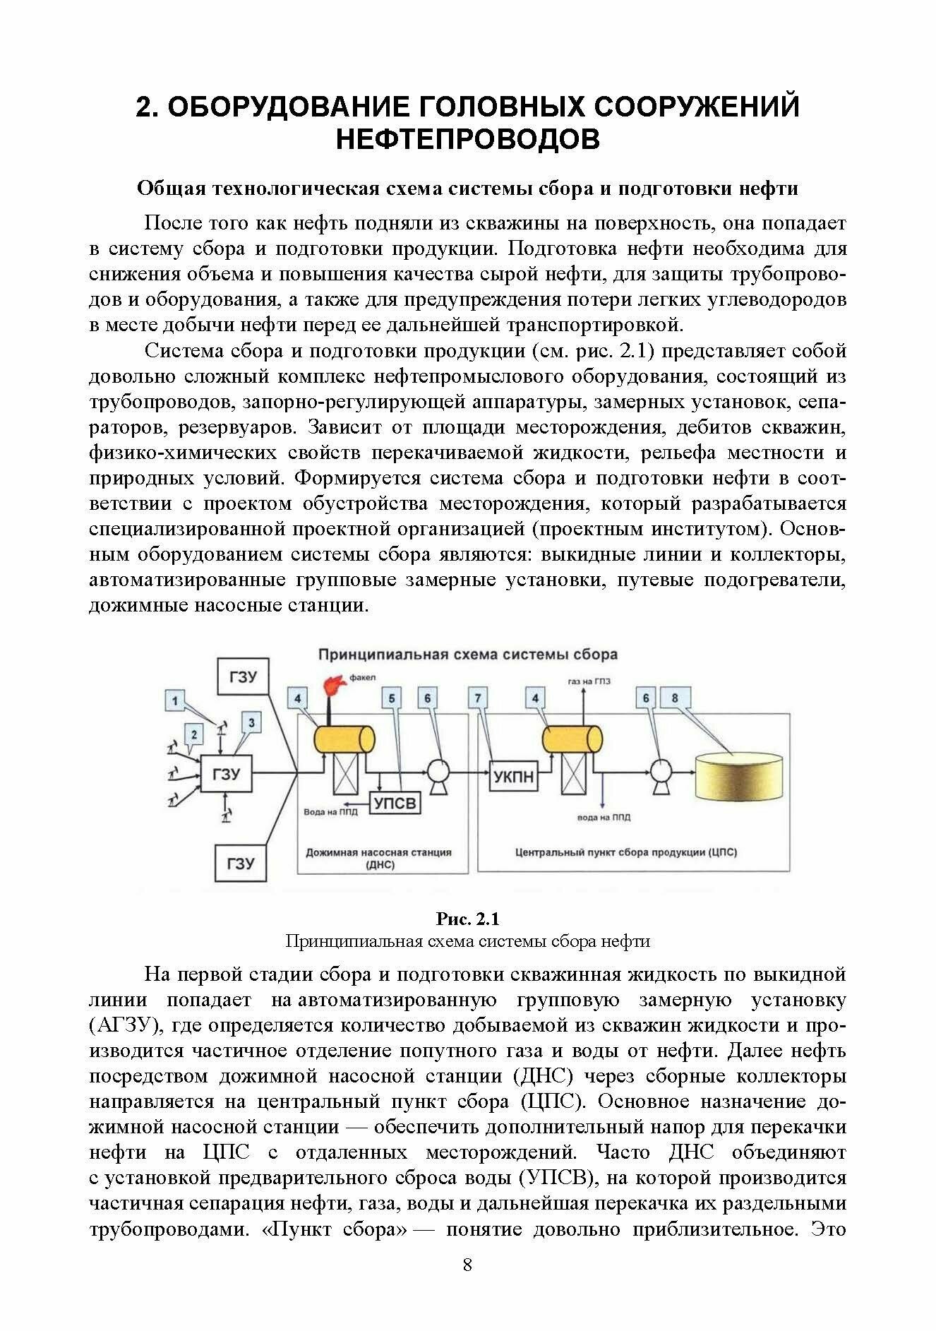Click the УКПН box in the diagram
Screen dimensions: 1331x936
click(x=513, y=777)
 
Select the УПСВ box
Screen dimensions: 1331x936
click(x=395, y=804)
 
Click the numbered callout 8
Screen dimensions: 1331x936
click(x=675, y=698)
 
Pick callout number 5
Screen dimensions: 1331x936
click(x=392, y=698)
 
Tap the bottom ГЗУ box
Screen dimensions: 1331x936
click(x=241, y=863)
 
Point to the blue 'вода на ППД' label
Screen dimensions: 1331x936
click(x=604, y=818)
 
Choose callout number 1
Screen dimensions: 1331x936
click(x=176, y=701)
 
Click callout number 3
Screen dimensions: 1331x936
click(x=251, y=722)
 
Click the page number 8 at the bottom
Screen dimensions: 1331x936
click(x=467, y=1264)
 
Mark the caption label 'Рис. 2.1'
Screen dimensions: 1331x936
click(x=467, y=919)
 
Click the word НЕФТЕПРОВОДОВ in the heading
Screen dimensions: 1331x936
click(x=467, y=139)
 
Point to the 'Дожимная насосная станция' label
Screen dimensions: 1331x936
click(x=378, y=852)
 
